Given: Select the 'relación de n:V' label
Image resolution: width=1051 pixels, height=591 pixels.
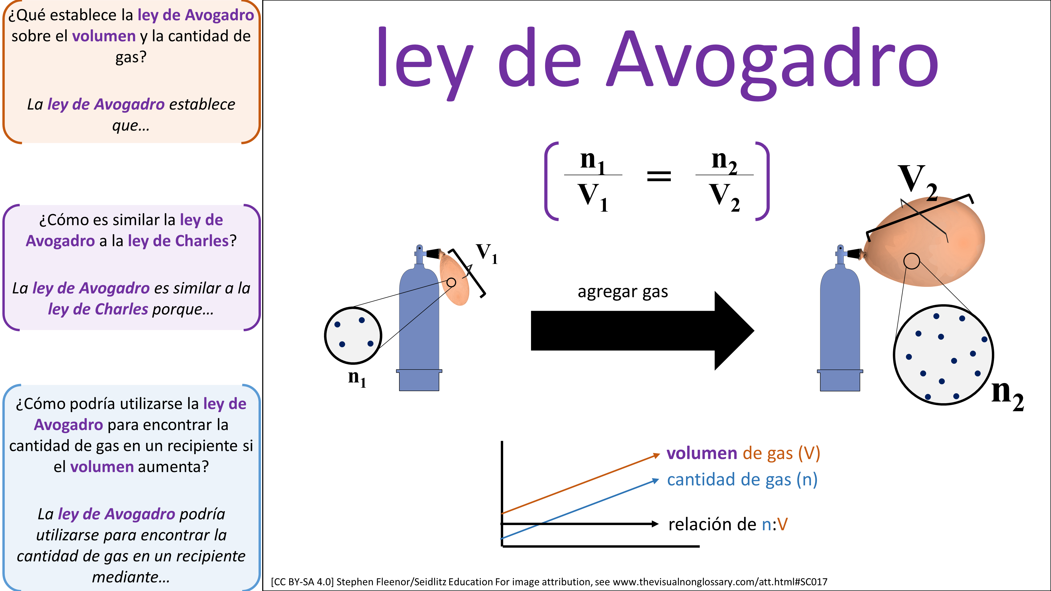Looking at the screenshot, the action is click(x=728, y=524).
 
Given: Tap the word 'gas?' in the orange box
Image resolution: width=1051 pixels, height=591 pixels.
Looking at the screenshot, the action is click(x=131, y=57).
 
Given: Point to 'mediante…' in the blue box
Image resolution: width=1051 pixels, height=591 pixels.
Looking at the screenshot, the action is click(x=131, y=577).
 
